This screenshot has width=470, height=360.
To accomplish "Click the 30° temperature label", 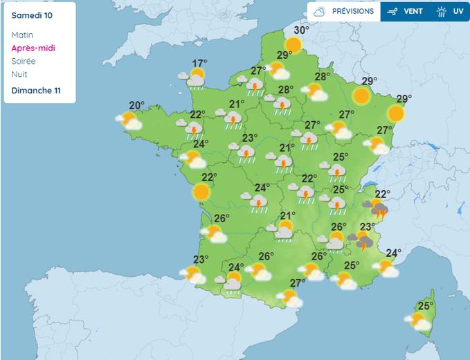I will tap(300, 30).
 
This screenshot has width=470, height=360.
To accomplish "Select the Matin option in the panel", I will tap(22, 35).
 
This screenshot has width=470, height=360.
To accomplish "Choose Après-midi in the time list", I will tap(33, 48).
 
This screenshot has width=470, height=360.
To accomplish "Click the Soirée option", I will tap(24, 62).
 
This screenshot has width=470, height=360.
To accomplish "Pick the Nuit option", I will tap(19, 75).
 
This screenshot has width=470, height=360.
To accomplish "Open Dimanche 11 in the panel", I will tap(36, 91).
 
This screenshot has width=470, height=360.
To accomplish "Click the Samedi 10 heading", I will tap(32, 14).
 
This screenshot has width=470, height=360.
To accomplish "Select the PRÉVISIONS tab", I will tap(344, 12).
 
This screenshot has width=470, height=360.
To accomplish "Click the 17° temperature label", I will tap(200, 62).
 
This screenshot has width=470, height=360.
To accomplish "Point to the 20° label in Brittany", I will tap(137, 106).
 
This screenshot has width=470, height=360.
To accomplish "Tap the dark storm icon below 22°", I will tap(378, 209).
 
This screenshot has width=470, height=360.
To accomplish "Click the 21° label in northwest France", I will tap(237, 105).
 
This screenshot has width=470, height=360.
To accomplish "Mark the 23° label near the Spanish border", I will tap(201, 260).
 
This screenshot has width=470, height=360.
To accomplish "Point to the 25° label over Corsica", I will tap(425, 305).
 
